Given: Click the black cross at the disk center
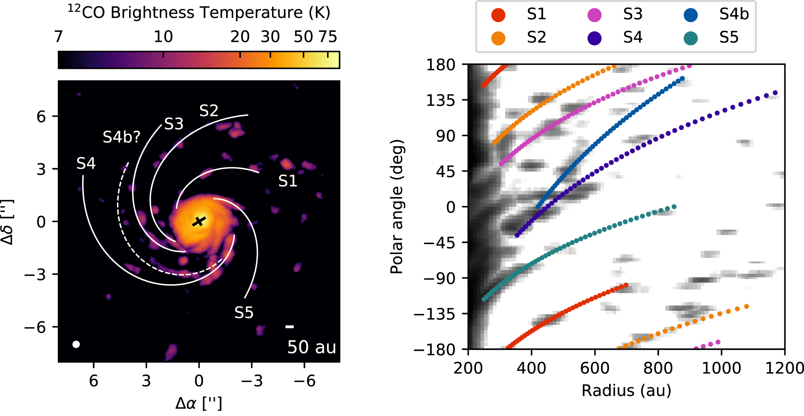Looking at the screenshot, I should [199, 221].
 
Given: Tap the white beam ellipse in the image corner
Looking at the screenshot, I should [76, 344].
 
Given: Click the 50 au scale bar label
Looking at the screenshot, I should [311, 347].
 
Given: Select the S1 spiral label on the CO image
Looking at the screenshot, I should [288, 181].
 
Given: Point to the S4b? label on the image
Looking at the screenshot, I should [122, 137].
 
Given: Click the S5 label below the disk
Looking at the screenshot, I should [244, 313].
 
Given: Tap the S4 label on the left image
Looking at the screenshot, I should [86, 163].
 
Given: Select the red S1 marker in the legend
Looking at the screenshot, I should [498, 14].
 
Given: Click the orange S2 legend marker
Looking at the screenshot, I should [498, 38].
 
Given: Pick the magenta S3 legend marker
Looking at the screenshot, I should [594, 14].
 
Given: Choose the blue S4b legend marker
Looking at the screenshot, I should [691, 14].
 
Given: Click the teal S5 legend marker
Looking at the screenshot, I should [691, 38].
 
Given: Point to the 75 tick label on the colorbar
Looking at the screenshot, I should [328, 37].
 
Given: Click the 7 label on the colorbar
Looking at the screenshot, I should [59, 37].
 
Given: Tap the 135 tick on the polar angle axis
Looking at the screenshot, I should [441, 100].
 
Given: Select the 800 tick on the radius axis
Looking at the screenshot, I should [658, 368].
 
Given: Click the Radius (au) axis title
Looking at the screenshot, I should [626, 390].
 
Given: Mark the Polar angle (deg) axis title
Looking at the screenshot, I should [397, 206].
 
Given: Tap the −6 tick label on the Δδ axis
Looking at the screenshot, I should [35, 327].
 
